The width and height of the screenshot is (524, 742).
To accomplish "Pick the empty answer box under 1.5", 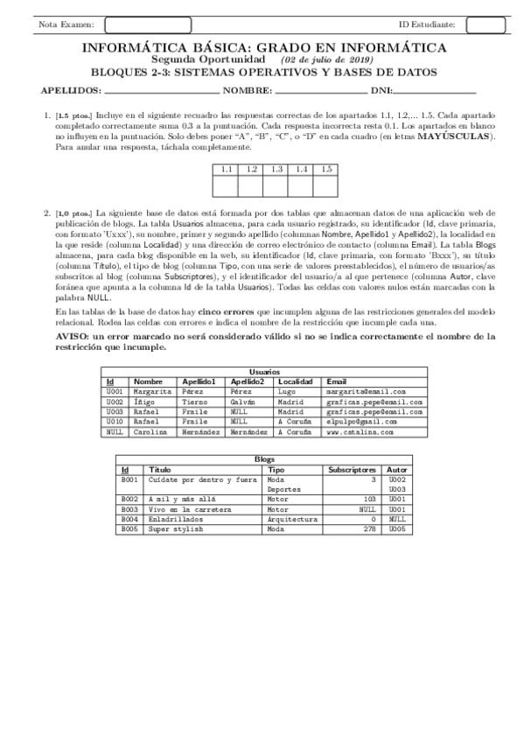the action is tap(325, 185).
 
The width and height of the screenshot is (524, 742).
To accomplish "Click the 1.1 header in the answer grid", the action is tap(226, 169).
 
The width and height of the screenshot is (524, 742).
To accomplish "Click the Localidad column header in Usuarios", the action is tap(295, 381).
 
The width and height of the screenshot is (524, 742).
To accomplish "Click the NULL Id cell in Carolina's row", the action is tap(114, 432).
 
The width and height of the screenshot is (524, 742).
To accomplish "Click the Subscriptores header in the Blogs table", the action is tap(352, 470).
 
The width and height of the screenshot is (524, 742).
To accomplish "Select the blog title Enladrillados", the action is tap(175, 519).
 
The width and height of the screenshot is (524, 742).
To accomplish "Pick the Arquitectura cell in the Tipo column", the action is tap(291, 519).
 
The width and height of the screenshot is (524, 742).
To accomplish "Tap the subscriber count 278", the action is tap(368, 529).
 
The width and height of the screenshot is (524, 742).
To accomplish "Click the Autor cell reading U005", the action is tap(396, 529).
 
